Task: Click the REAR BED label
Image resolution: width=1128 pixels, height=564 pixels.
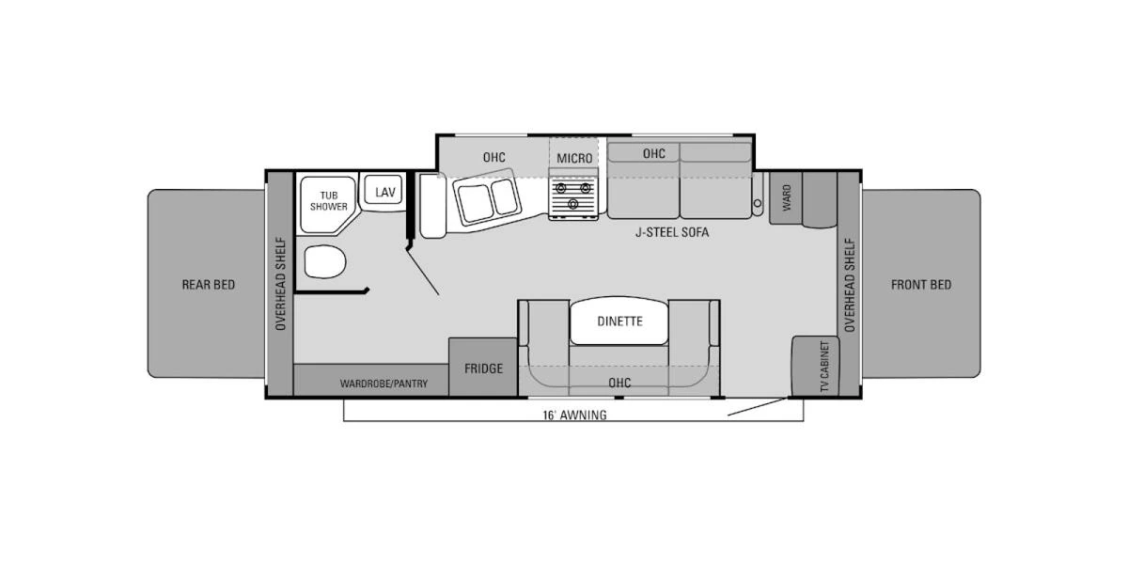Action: tap(208, 285)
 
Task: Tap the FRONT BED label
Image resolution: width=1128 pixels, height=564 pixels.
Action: tap(920, 285)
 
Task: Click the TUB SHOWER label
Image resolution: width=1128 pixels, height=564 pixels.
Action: tap(328, 200)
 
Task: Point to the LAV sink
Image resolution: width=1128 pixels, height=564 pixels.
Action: tap(384, 192)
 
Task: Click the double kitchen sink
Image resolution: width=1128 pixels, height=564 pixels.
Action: tap(488, 199)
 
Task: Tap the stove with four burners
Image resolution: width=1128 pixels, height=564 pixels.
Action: tap(573, 197)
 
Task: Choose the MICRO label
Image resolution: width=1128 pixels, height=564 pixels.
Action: tap(574, 158)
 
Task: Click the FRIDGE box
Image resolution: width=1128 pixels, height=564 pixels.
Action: tap(483, 368)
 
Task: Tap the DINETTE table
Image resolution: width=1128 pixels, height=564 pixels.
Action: tap(619, 321)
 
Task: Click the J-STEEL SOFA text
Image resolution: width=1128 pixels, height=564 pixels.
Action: tap(671, 232)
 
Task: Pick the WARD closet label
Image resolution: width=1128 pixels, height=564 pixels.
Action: tap(786, 197)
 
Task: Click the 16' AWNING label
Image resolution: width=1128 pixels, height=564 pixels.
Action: tap(573, 415)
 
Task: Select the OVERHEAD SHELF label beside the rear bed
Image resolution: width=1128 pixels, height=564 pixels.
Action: tap(280, 284)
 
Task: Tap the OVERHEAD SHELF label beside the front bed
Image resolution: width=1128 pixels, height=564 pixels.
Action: tap(849, 284)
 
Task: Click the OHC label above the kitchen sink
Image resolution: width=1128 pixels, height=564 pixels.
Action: tap(494, 157)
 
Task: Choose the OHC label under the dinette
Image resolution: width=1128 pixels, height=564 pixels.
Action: tap(619, 383)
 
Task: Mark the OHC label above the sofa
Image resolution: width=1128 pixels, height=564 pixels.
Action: tap(654, 153)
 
